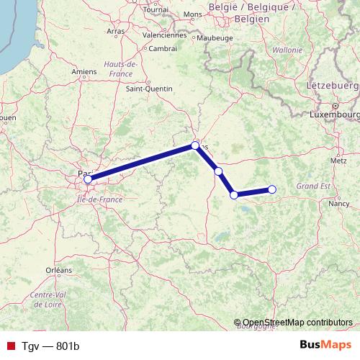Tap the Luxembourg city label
coord(335,114)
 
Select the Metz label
coord(338,161)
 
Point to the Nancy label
coord(338,204)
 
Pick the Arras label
coord(115,32)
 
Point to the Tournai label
coord(156,10)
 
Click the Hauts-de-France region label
coord(121,68)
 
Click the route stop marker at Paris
coord(88,179)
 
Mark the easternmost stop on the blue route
coord(272,189)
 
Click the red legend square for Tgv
coord(10,346)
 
